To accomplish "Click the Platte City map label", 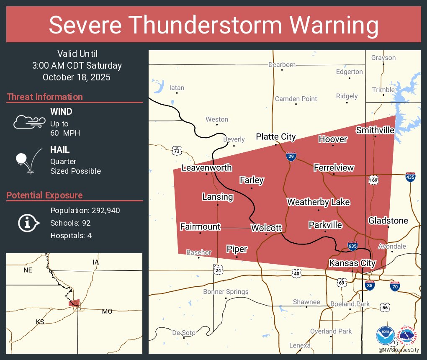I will (x=275, y=137).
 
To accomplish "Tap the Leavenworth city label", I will (x=206, y=168).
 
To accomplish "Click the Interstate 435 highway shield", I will (x=410, y=177).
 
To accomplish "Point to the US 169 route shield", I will (x=373, y=180).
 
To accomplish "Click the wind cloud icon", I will (x=29, y=121).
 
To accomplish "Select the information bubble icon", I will (x=28, y=223).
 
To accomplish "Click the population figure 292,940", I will (x=103, y=210).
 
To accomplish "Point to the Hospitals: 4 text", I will (x=71, y=235).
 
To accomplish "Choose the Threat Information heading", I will (x=45, y=97).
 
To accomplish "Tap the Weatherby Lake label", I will (x=318, y=202).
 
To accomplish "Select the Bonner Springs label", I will (x=226, y=292).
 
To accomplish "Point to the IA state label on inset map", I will (x=96, y=262).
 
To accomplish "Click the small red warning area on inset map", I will (x=74, y=303).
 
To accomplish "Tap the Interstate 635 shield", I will (x=352, y=246).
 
